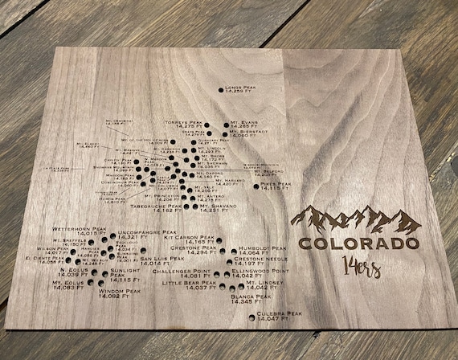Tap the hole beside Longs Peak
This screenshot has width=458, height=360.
(221, 90)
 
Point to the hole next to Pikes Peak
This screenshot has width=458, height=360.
(257, 185)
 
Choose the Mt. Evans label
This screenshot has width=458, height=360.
(241, 124)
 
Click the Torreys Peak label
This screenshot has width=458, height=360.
(180, 125)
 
